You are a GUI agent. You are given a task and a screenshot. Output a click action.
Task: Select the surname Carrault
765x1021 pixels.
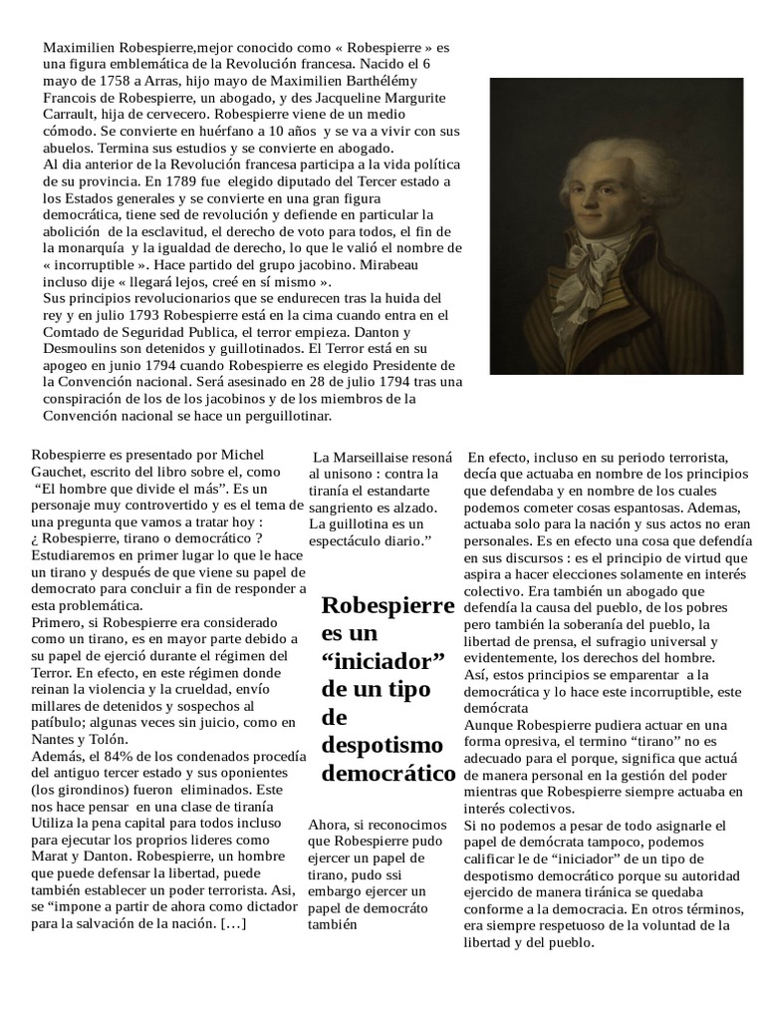pos(73,114)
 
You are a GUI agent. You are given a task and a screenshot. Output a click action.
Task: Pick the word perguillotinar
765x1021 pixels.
pos(284,416)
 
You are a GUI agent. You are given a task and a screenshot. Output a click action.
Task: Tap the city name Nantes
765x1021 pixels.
pos(55,739)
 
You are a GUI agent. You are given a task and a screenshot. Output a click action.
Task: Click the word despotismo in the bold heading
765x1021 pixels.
pos(381,745)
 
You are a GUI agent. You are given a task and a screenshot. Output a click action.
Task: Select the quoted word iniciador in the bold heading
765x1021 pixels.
pos(382,662)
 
